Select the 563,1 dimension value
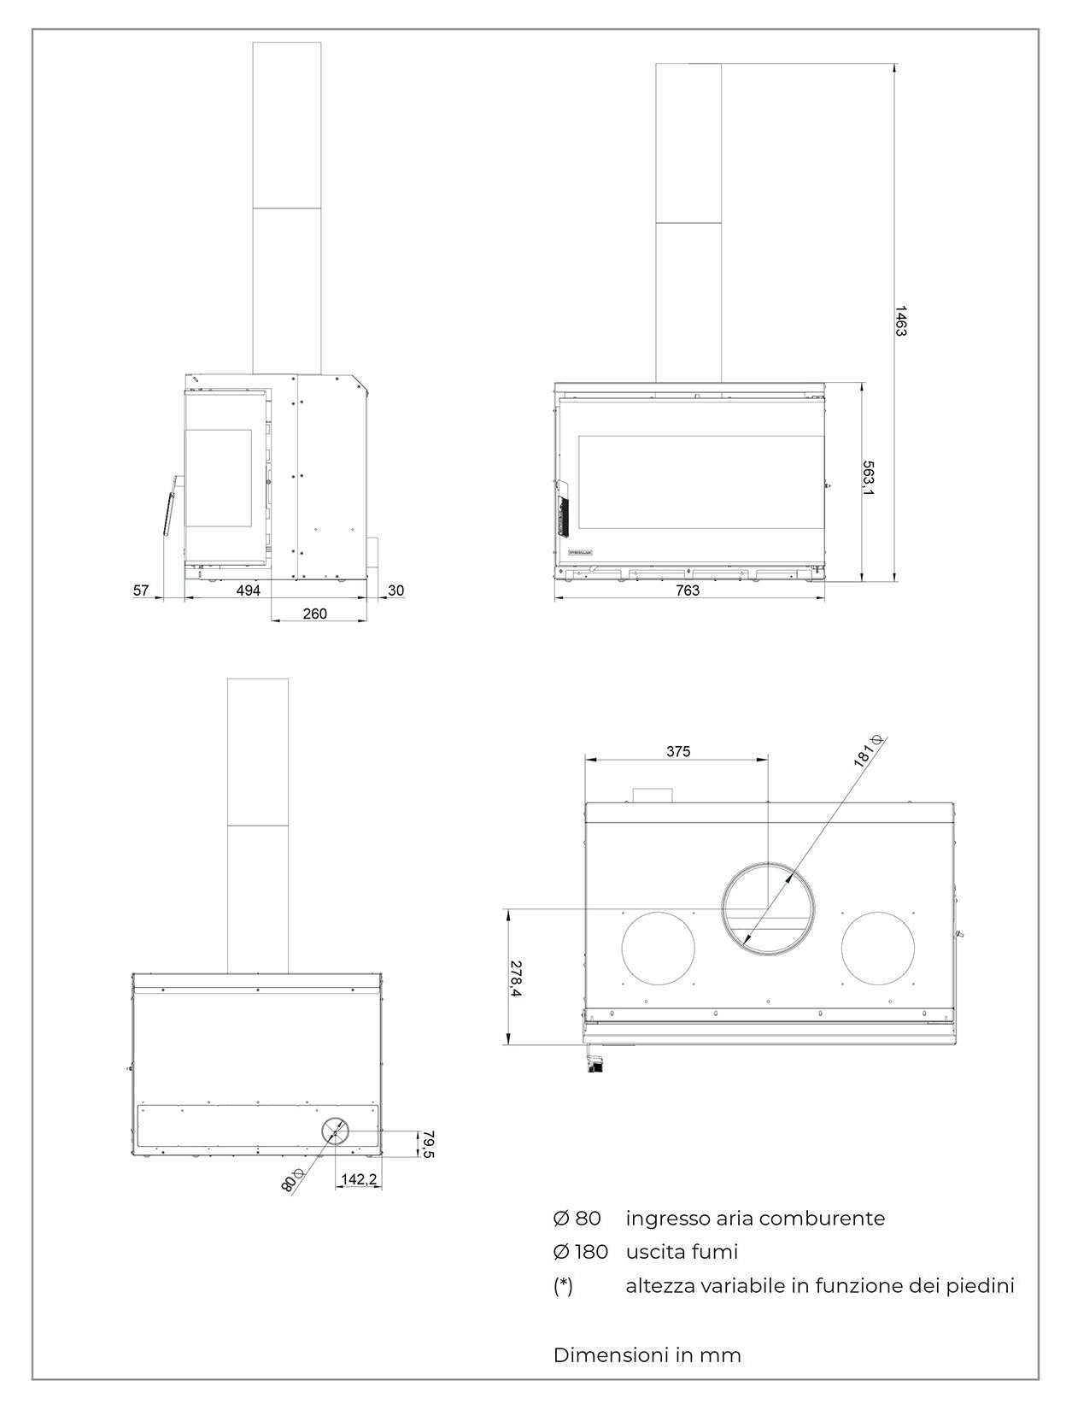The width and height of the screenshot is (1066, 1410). (x=868, y=479)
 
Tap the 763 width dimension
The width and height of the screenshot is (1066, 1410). (x=688, y=590)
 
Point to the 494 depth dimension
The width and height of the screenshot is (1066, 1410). (x=248, y=590)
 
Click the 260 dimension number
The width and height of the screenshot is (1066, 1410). (x=315, y=614)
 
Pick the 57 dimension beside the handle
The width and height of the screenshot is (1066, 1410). (x=142, y=590)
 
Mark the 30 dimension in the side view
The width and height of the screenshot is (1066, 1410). (x=396, y=590)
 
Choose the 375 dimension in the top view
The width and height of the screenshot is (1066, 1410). (x=678, y=752)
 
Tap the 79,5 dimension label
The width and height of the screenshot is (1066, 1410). (x=428, y=1145)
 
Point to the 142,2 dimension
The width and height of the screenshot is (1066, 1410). (x=359, y=1179)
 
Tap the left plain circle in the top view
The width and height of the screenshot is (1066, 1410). (x=659, y=948)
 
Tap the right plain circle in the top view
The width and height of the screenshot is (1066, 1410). (x=878, y=948)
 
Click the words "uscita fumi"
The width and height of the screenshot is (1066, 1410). (x=682, y=1252)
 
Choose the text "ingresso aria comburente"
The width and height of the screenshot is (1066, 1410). (x=755, y=1218)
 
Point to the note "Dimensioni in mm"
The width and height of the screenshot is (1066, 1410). (x=647, y=1354)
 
